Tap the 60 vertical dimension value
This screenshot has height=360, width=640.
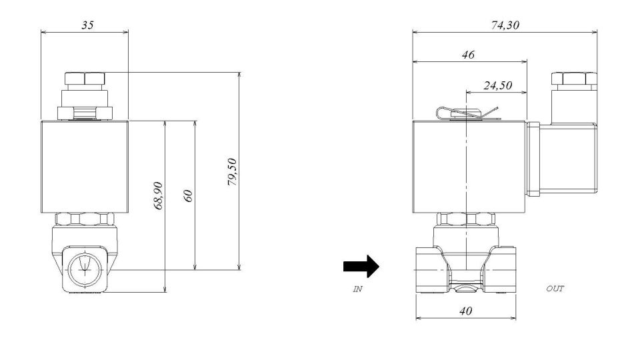point(188,196)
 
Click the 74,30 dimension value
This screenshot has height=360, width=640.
point(505,25)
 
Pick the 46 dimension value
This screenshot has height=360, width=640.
point(468,55)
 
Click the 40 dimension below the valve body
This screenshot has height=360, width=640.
point(467,311)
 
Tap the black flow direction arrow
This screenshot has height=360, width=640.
point(361,267)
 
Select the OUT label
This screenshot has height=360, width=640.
point(555,289)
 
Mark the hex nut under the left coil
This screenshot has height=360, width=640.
point(84,219)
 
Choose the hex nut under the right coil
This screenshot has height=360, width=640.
point(467,219)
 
